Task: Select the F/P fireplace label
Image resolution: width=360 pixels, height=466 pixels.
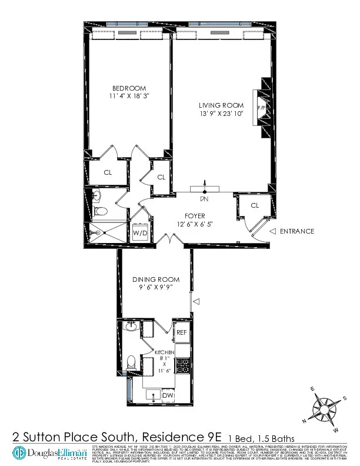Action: (x=261, y=109)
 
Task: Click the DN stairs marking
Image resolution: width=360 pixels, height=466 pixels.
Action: (x=204, y=199)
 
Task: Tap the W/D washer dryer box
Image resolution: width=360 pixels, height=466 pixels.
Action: (x=140, y=233)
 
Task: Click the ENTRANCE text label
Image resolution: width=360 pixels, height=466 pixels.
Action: (x=297, y=231)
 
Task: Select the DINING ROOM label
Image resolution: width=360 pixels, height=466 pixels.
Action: (x=156, y=279)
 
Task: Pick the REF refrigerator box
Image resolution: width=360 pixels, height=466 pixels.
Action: (x=182, y=332)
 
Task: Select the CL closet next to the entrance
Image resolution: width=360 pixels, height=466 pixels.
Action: (x=255, y=205)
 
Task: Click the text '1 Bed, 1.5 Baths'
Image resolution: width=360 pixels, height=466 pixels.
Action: (x=262, y=437)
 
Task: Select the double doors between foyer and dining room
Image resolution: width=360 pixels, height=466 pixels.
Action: (x=169, y=242)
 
